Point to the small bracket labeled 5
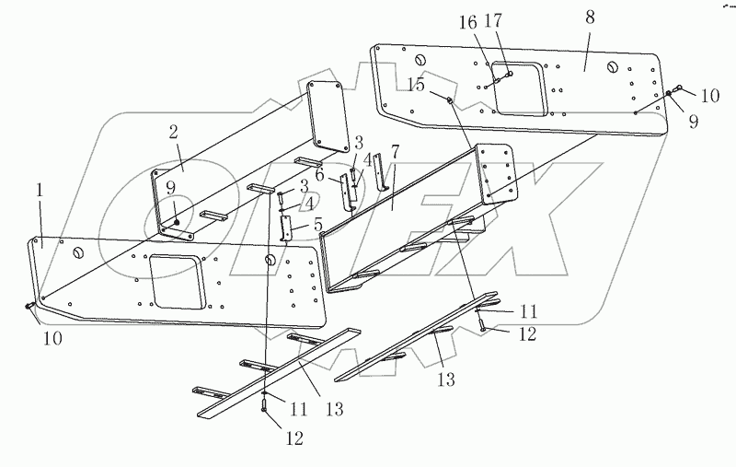pos(286,228)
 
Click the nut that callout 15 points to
pos(448,99)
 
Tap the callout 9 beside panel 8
pos(682,119)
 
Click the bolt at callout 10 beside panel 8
pos(678,88)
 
